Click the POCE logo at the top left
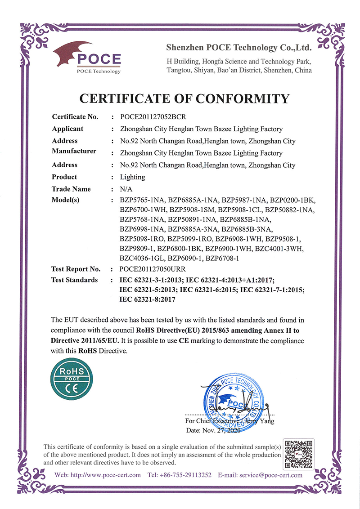(x=87, y=58)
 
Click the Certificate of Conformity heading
(x=184, y=98)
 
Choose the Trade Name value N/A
(x=126, y=189)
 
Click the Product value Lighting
(x=132, y=177)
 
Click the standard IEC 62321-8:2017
(x=147, y=299)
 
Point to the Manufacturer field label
(x=74, y=151)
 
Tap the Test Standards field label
(x=75, y=280)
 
